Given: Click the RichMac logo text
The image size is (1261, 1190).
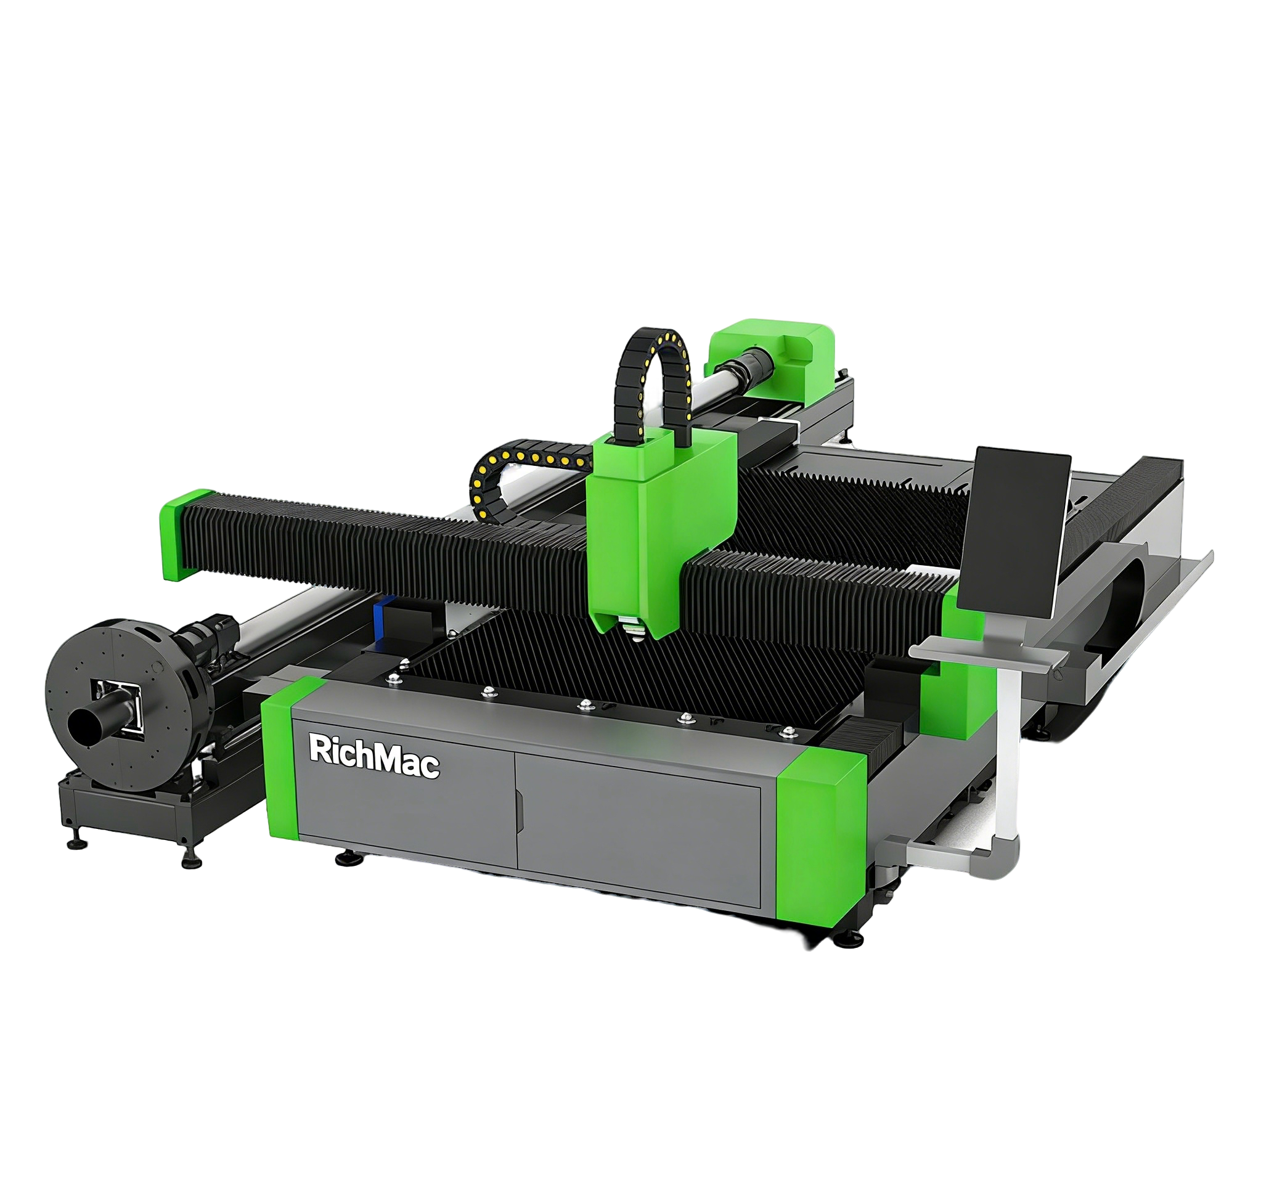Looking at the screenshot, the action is (x=373, y=756).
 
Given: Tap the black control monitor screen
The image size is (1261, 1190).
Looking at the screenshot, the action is (x=1013, y=532).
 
